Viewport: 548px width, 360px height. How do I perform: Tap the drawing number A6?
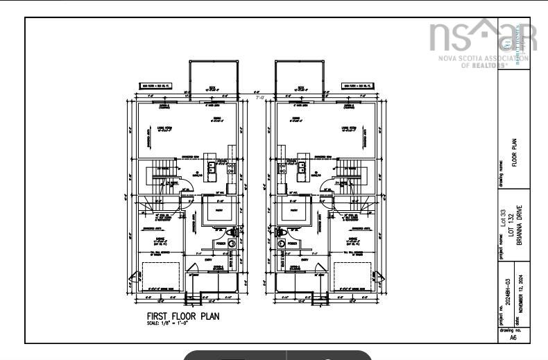[x=513, y=338]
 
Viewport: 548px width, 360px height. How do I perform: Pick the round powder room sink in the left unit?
[x=232, y=243]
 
